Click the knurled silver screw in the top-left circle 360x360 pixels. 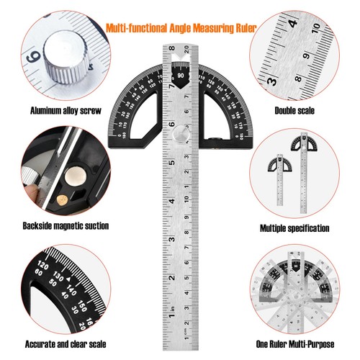(68, 58)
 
